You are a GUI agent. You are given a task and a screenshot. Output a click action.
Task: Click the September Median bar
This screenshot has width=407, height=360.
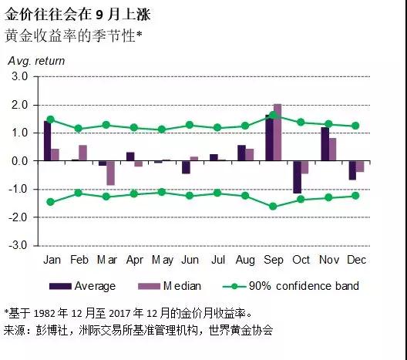coord(277,132)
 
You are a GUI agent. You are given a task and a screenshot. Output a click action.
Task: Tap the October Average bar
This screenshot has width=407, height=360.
coord(297,177)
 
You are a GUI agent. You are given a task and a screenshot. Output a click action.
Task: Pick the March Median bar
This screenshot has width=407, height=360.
coord(111,173)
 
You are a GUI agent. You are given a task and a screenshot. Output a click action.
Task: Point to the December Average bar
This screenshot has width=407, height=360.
coord(352,170)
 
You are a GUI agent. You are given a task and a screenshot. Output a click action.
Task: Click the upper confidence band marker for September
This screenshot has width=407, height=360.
coord(273,115)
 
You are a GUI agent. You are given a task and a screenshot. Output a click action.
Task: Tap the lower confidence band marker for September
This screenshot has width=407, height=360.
coord(273,207)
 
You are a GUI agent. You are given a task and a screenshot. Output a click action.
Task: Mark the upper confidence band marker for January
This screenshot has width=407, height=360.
coord(51,119)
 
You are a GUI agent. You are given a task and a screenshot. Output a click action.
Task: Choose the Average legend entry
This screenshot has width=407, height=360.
coord(84,286)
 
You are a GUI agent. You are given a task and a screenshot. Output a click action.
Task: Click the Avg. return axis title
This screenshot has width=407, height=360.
coord(36,61)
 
